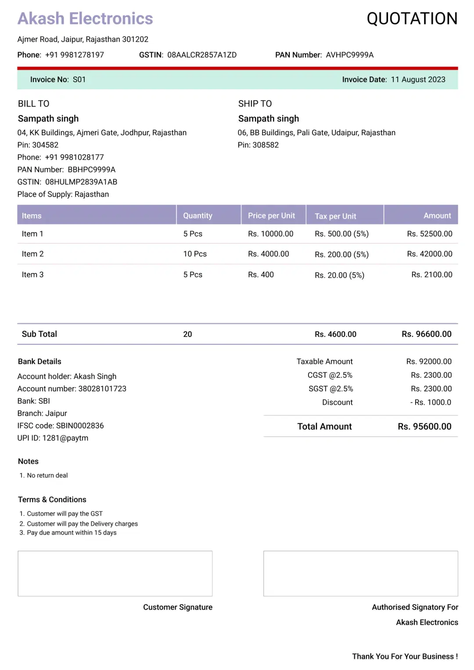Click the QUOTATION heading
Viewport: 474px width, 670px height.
[x=412, y=19]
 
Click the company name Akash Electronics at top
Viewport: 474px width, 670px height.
[x=85, y=19]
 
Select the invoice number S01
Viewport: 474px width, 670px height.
[x=79, y=79]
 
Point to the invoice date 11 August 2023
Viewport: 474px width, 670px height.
[x=418, y=79]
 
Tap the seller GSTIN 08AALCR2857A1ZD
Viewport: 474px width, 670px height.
[x=202, y=55]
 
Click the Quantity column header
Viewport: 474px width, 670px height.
[x=197, y=216]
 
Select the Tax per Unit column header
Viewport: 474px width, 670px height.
[x=335, y=216]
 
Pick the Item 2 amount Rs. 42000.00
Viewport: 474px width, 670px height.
[x=429, y=254]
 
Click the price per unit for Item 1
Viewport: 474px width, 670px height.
[x=270, y=234]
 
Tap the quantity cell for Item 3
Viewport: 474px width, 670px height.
[x=193, y=274]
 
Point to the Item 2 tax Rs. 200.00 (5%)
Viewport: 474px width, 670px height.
[x=341, y=254]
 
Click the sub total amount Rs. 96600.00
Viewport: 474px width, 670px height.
[x=426, y=334]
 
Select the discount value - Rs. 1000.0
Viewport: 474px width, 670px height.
[x=431, y=402]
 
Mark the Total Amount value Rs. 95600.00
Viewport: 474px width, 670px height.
[x=424, y=426]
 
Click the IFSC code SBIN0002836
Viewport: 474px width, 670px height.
[x=80, y=425]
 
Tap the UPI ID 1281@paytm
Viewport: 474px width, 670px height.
[x=65, y=438]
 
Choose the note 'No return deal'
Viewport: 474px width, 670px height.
[x=47, y=475]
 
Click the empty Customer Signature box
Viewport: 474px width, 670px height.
[x=115, y=573]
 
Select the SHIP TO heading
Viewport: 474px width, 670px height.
[x=255, y=104]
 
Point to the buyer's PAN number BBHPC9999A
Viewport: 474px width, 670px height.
[x=91, y=169]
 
